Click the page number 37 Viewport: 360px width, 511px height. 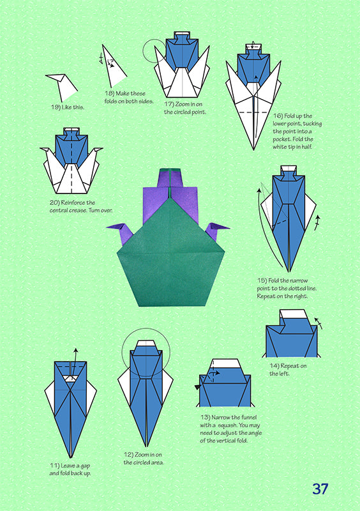[320, 489]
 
